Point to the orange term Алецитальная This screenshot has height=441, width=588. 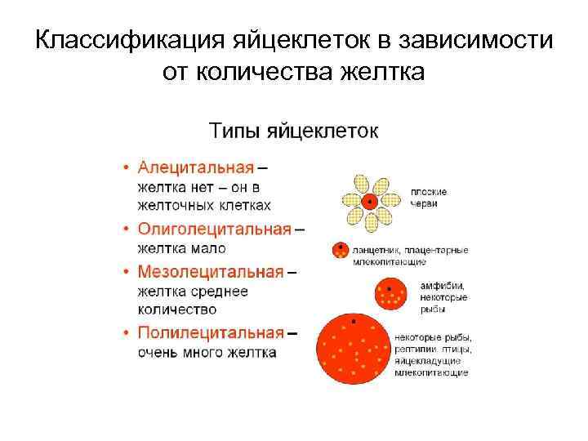click(x=195, y=168)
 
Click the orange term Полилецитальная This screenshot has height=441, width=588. click(x=210, y=333)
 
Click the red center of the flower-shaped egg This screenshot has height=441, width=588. click(x=370, y=201)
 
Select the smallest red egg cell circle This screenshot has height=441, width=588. click(x=340, y=251)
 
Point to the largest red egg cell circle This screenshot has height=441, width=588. click(x=353, y=348)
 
